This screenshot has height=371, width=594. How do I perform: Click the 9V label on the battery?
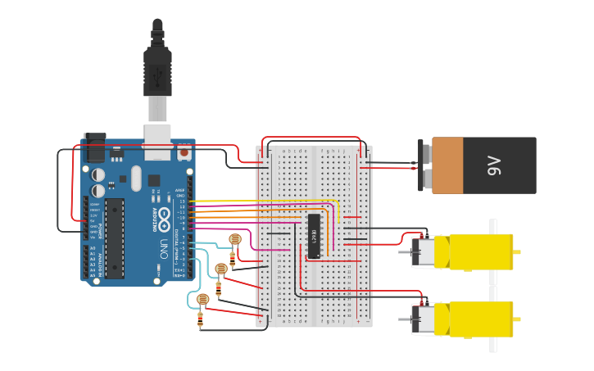pos(495,166)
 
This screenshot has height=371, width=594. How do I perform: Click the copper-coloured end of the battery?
pos(447,165)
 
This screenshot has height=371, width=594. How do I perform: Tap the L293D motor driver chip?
pos(314,236)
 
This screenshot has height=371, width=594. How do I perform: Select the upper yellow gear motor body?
pos(480,251)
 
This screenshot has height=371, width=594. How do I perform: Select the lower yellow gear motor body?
pos(480,319)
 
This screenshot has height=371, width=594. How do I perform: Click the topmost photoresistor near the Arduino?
pos(235,239)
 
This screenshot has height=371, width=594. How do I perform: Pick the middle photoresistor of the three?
pos(220,269)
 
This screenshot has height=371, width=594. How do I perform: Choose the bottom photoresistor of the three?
pos(203,299)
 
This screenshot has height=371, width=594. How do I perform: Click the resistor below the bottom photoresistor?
pos(201,320)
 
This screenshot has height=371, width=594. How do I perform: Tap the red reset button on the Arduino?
pos(184,152)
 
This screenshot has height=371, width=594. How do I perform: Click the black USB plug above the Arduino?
pos(157,70)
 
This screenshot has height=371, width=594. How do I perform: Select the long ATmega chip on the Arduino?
pos(115,238)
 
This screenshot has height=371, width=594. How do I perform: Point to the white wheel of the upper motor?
pos(493,229)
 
